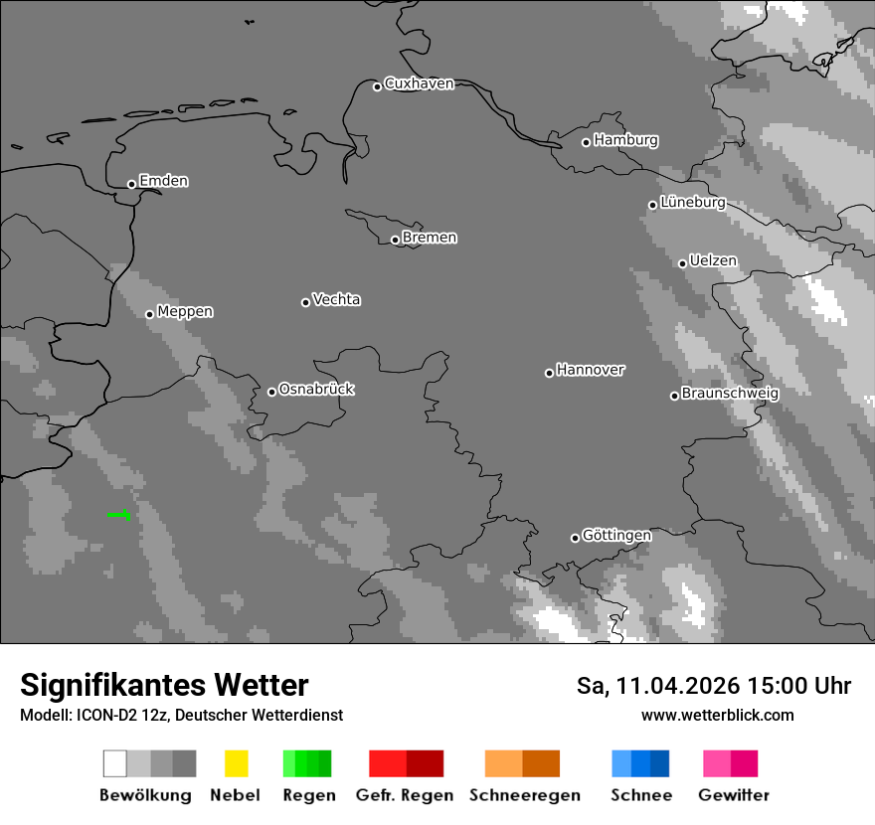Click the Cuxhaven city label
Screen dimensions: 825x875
click(x=419, y=83)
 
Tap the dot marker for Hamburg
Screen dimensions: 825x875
click(x=586, y=142)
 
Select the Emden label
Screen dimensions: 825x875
click(x=163, y=181)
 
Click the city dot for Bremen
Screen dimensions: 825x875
click(x=395, y=240)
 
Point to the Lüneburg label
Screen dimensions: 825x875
click(x=692, y=202)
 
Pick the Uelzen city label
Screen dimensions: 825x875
click(x=713, y=260)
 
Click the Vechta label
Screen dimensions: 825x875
click(x=336, y=299)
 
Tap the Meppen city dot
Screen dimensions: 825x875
click(x=149, y=314)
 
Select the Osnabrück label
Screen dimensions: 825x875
click(x=316, y=389)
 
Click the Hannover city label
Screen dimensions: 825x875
click(x=590, y=370)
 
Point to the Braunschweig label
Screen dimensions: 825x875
click(x=730, y=393)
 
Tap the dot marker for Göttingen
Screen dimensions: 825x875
click(x=575, y=538)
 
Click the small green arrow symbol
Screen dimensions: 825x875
click(x=120, y=514)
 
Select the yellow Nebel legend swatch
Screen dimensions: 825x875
click(x=236, y=763)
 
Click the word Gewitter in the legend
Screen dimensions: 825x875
click(x=734, y=795)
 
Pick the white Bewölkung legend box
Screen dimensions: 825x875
click(x=114, y=763)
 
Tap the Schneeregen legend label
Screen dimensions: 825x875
click(x=525, y=795)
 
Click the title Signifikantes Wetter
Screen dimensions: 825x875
click(x=164, y=685)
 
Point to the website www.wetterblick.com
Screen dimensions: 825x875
click(x=717, y=715)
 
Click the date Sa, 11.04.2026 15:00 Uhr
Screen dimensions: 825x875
click(x=713, y=686)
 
